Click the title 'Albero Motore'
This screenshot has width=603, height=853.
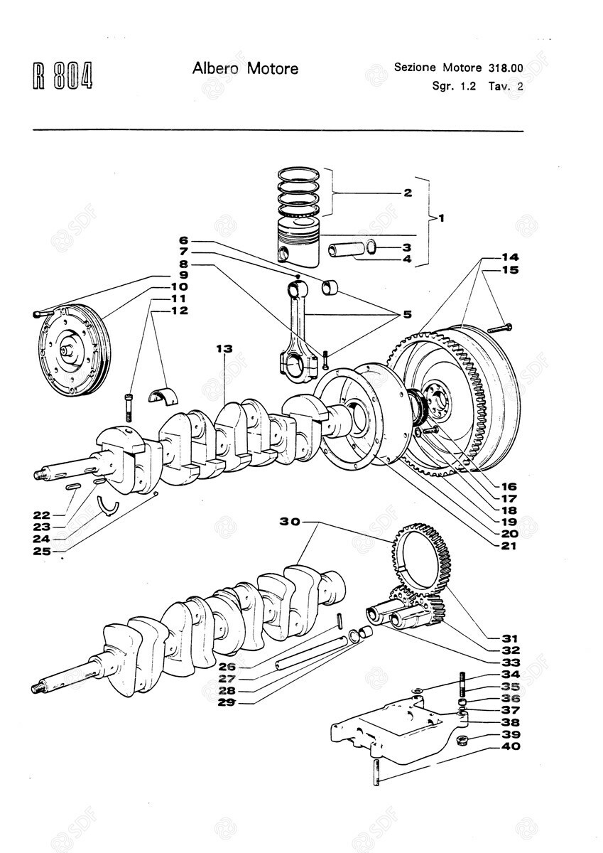[245, 69]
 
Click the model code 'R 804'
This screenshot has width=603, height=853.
[63, 77]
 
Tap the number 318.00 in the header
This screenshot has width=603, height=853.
[506, 68]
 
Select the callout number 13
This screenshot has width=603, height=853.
[224, 348]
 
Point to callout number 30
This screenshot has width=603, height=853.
[289, 522]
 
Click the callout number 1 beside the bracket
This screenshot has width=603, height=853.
[440, 218]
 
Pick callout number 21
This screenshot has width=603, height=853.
[509, 546]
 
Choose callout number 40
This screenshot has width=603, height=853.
[510, 746]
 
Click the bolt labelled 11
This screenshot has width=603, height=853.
[129, 406]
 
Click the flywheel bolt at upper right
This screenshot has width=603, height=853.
[500, 328]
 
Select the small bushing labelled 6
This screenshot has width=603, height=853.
[330, 287]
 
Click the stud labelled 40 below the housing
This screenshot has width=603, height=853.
[377, 771]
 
